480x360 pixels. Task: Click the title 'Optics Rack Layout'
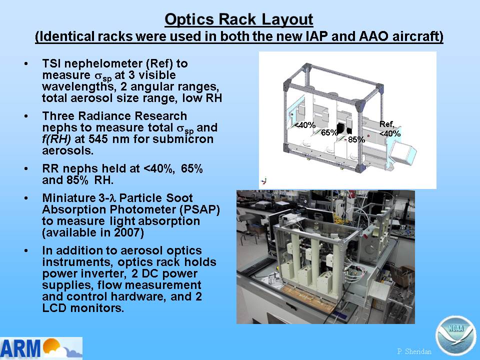coord(239,19)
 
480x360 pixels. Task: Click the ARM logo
coord(41,348)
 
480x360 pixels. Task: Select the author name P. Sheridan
coord(414,351)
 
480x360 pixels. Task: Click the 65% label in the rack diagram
coord(329,132)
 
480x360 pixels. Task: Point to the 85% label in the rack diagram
coord(356,139)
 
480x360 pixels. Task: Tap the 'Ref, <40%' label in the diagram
coord(389,129)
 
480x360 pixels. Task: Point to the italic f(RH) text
coord(56,139)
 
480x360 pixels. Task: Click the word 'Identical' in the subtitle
coord(66,36)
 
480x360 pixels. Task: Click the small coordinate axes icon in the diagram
coord(264,180)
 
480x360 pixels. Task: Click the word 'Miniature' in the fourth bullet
coord(69,198)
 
